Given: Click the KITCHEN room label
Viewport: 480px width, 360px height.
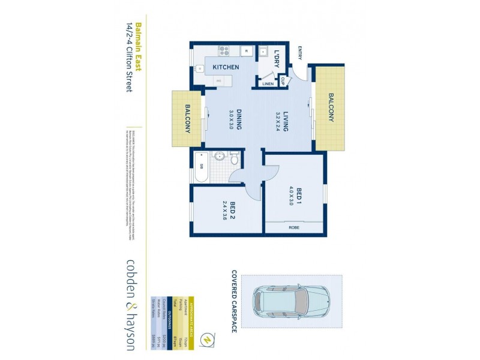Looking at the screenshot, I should tap(226, 68).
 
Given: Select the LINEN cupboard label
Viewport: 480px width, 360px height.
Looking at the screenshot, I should tap(268, 84).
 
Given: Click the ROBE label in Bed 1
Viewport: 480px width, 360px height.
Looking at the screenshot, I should tap(294, 228).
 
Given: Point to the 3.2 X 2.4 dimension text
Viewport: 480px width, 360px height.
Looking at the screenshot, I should tap(278, 122).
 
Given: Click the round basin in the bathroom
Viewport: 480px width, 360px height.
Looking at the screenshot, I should tap(220, 158).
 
